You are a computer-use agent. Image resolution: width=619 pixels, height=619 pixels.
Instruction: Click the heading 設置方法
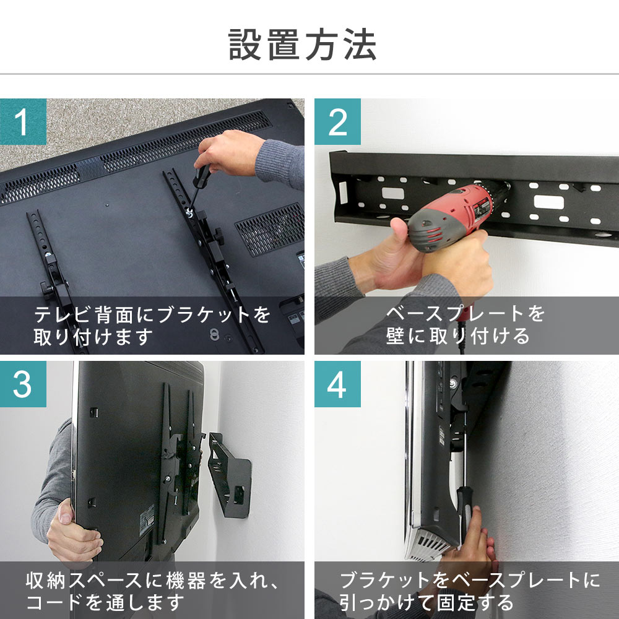(303, 45)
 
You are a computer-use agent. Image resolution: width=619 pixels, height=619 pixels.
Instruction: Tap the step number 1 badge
(23, 121)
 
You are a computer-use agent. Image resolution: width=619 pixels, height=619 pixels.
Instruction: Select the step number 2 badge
(337, 121)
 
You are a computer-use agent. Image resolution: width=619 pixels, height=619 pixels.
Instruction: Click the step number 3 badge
(23, 384)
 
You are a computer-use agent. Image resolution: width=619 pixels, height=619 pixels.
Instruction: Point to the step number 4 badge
(337, 384)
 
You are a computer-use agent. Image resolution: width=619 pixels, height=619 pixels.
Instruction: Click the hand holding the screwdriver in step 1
(229, 153)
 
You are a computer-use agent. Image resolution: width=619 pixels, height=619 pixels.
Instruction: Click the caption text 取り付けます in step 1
(93, 337)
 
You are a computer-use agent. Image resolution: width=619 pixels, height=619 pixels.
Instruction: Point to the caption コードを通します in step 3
(105, 602)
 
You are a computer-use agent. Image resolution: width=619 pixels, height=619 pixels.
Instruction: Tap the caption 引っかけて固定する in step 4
(426, 602)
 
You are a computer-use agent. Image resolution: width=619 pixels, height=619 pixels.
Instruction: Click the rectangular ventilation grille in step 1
(271, 229)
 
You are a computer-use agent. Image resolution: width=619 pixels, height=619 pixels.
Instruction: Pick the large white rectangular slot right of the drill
(548, 202)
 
